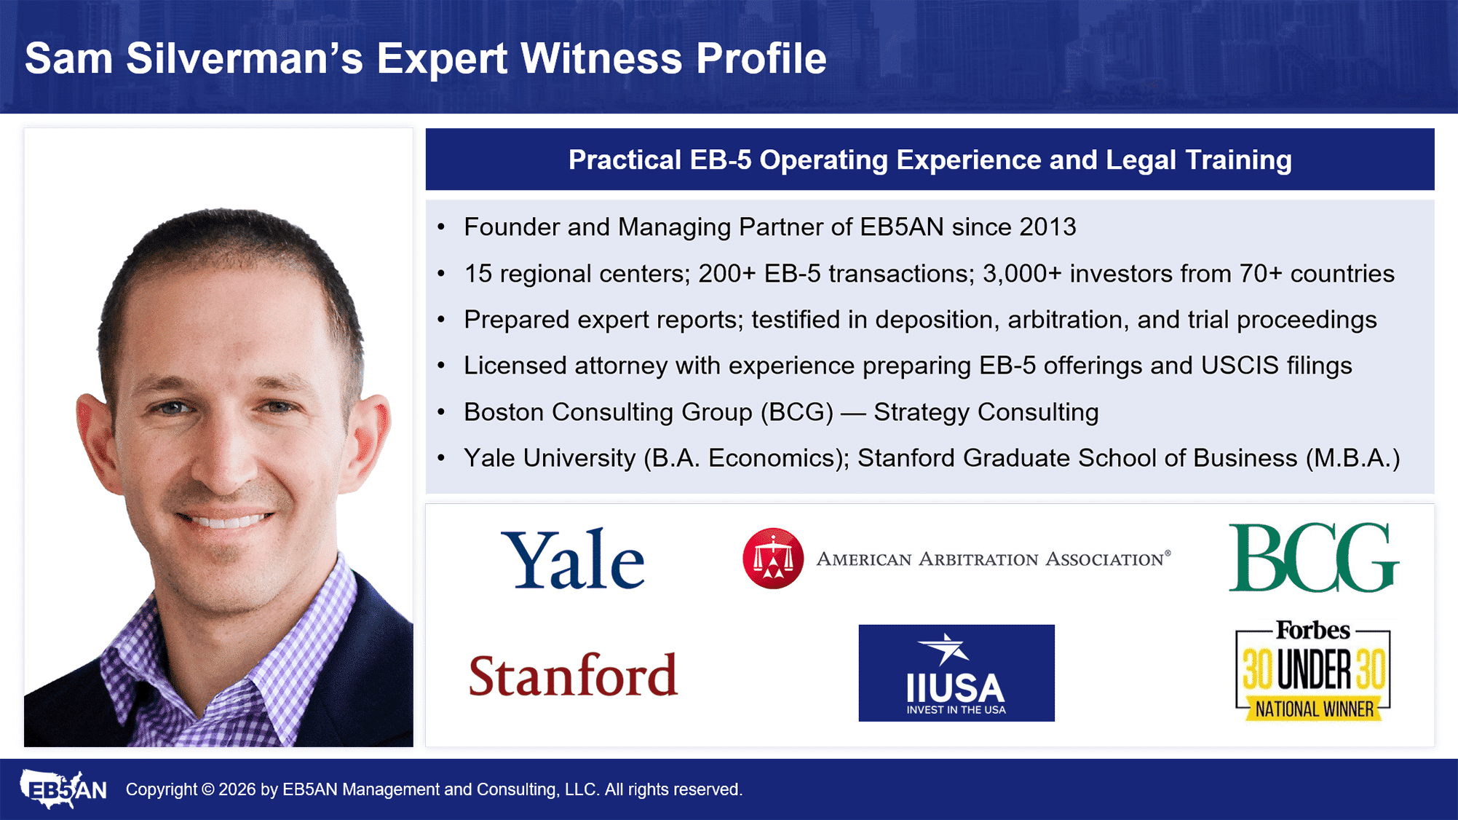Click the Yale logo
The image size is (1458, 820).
[573, 559]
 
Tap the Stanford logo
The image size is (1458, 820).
[573, 674]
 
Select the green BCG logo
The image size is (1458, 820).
[1313, 557]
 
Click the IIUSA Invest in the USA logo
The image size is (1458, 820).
[956, 673]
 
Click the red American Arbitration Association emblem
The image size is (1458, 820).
[773, 558]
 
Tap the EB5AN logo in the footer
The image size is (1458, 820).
[63, 789]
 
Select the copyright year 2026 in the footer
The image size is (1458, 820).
[237, 789]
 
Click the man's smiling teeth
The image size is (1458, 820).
[226, 520]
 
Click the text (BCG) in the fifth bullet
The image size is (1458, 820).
[797, 412]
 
